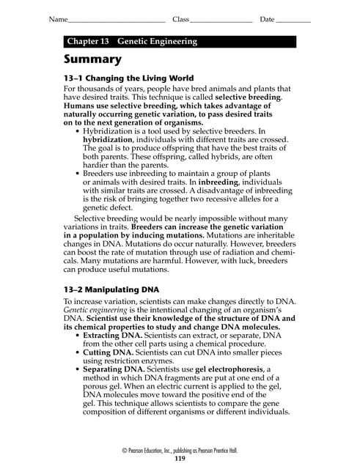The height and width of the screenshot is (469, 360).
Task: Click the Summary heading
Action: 92,59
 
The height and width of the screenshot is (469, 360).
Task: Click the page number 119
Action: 180,459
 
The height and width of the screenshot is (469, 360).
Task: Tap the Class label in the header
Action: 180,18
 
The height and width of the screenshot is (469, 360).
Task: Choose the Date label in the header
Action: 267,18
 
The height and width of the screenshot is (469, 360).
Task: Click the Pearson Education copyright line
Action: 180,450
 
